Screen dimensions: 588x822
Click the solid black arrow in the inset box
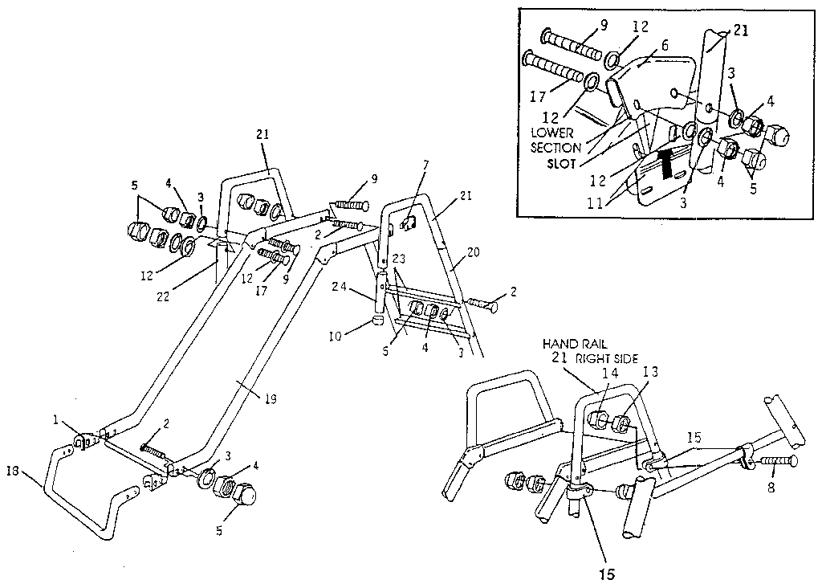click(x=664, y=162)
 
